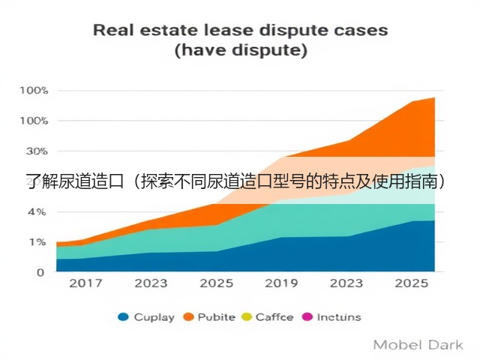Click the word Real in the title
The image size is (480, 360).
113,30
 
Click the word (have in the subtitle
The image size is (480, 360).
199,50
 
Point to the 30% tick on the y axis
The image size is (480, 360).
37,151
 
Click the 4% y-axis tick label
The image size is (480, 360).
37,211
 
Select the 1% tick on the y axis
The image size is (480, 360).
37,242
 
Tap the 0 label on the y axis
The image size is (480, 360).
40,272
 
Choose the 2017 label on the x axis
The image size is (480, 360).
85,283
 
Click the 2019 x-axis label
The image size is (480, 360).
281,283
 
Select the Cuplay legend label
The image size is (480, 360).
154,317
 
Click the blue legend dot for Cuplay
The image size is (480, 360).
123,316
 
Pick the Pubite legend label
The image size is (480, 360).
217,317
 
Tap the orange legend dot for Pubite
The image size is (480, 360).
188,316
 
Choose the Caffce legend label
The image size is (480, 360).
274,317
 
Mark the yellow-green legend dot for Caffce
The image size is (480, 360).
247,316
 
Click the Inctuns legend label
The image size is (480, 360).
339,317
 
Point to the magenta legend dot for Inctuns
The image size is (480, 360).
307,316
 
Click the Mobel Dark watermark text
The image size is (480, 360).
418,345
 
